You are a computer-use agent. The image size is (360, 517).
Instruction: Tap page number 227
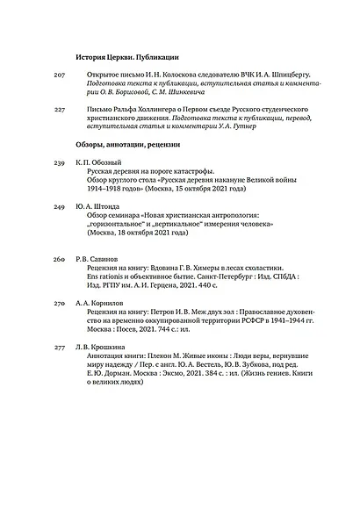coord(60,110)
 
